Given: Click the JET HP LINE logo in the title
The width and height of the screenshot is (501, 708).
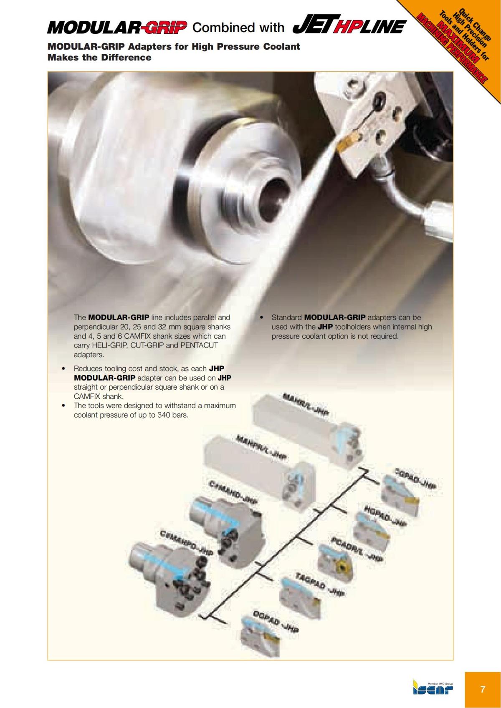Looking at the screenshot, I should (349, 26).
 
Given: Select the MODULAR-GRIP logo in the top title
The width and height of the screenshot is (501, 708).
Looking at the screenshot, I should (117, 28).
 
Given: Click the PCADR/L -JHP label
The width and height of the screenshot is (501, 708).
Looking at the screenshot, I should (357, 549).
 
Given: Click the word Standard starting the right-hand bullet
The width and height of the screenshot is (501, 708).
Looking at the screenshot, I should (287, 317).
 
